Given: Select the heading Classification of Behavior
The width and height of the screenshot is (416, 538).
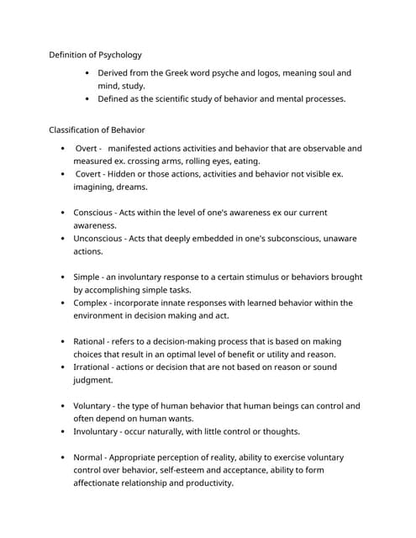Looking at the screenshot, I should pyautogui.click(x=97, y=129).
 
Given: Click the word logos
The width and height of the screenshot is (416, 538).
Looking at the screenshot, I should pyautogui.click(x=294, y=73).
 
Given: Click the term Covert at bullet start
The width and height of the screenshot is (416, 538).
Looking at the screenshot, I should pyautogui.click(x=88, y=174).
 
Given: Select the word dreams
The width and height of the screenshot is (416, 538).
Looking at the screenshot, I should pyautogui.click(x=132, y=187).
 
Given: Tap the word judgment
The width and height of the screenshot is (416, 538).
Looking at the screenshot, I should pyautogui.click(x=94, y=380).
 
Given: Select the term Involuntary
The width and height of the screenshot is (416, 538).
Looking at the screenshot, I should pyautogui.click(x=98, y=431).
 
